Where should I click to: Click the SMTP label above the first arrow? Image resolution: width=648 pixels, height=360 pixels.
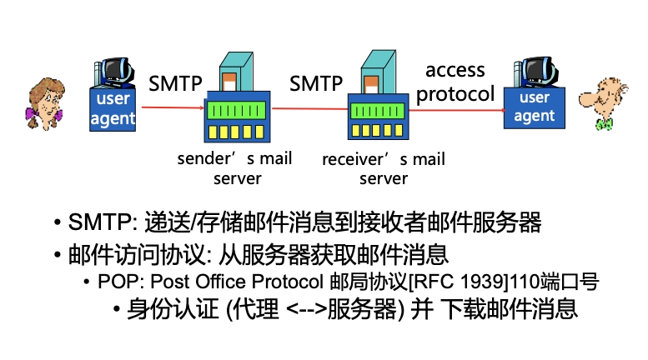[176, 83]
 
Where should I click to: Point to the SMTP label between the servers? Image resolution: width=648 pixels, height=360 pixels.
[316, 83]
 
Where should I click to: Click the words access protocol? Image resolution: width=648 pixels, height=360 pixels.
[455, 82]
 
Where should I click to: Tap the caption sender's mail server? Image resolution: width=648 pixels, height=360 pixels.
[236, 167]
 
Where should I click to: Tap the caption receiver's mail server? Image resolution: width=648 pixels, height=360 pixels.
[384, 167]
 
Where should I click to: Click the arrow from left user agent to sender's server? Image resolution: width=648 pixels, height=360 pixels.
[171, 107]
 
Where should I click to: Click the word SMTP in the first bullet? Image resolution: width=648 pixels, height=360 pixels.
[97, 222]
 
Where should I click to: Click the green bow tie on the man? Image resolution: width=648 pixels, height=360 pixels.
[603, 124]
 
